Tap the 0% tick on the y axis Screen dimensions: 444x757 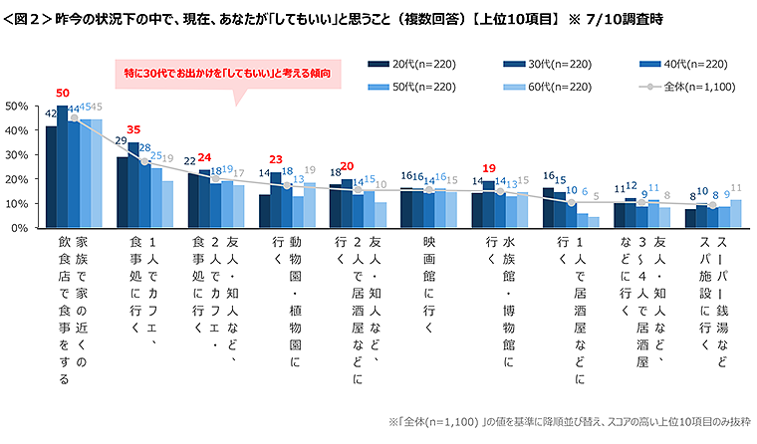(19, 228)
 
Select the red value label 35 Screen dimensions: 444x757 (133, 129)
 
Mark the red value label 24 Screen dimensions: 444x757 (205, 157)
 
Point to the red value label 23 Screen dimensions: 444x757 (277, 159)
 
